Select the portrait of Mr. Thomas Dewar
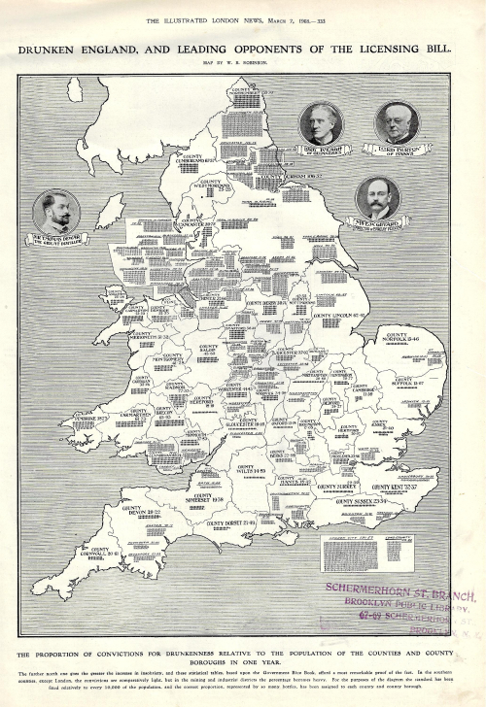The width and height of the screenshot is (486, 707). [x=56, y=211]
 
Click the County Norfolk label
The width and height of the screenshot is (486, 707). [x=401, y=338]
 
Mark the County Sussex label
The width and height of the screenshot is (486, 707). [x=357, y=501]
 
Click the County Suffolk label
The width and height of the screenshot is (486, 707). [x=406, y=382]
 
